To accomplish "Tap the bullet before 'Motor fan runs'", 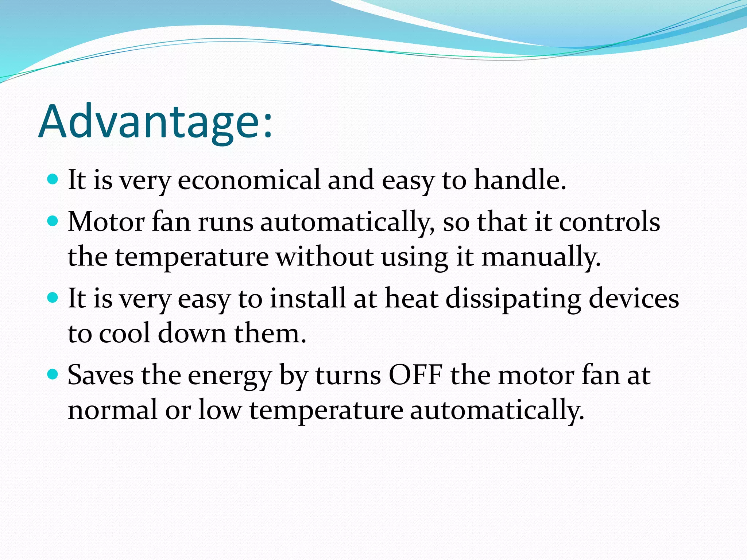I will (53, 221).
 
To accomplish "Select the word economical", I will (249, 180).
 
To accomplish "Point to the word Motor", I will (106, 222).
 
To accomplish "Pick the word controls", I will (609, 222).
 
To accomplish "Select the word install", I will (307, 298).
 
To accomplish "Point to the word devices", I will (634, 298).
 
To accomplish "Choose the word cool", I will (124, 333).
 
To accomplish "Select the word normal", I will (112, 410).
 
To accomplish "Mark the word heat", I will (411, 298).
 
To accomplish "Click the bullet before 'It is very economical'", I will (53, 179).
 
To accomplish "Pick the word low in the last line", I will (220, 410).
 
